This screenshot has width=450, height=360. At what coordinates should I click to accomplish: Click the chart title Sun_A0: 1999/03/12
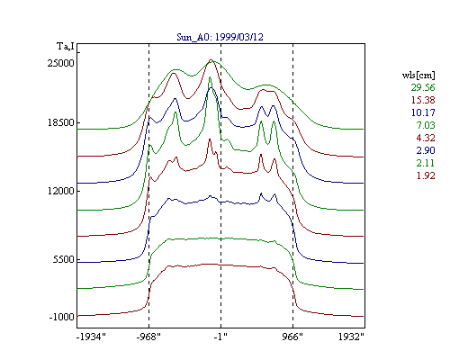(220, 37)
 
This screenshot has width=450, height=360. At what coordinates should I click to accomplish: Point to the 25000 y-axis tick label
(60, 63)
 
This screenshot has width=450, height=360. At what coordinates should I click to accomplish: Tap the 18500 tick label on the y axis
(60, 122)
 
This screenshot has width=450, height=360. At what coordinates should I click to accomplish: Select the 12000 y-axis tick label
(60, 191)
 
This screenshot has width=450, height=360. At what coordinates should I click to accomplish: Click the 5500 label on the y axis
(63, 259)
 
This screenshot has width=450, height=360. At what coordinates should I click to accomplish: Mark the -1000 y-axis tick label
(61, 317)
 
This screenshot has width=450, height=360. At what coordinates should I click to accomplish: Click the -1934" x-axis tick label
(91, 337)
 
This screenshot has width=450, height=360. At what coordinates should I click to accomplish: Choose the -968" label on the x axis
(148, 337)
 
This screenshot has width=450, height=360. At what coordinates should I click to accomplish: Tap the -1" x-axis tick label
(220, 337)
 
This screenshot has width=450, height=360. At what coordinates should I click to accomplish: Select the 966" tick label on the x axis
(292, 337)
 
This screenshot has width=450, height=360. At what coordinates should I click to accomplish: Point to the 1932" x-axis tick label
(351, 337)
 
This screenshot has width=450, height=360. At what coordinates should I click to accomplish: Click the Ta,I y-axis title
(66, 47)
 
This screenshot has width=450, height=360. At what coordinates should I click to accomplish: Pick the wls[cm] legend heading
(418, 75)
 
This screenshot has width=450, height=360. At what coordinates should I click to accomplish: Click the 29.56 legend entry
(423, 87)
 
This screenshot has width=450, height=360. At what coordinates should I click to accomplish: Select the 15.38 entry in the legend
(423, 100)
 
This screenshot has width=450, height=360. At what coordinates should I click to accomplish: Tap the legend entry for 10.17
(423, 112)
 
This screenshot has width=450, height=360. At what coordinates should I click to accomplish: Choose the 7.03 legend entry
(426, 125)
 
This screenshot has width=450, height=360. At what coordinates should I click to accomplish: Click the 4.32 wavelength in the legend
(426, 138)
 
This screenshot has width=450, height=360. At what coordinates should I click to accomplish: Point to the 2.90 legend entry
(426, 150)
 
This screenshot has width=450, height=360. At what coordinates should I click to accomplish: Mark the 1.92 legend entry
(426, 175)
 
